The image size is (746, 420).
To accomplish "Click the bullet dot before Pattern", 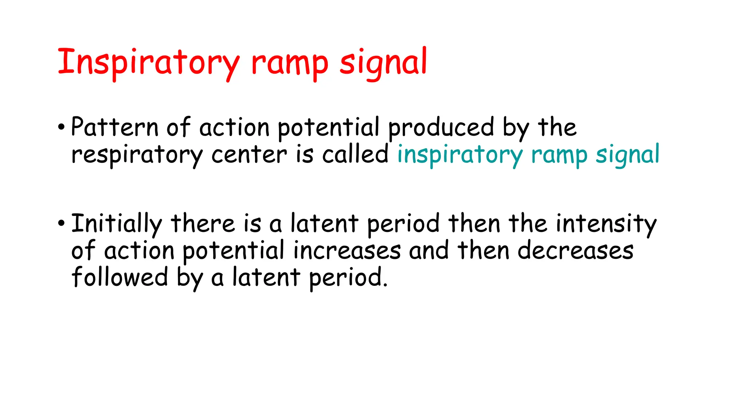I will click(61, 128).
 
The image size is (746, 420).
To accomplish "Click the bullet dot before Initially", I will click(61, 223).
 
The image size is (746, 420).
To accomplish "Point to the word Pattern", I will click(114, 127).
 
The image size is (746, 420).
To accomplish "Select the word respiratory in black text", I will click(137, 155).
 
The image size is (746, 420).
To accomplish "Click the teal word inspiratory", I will click(460, 155).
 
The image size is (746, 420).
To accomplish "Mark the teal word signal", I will click(627, 155).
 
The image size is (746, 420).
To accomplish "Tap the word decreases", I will click(576, 251).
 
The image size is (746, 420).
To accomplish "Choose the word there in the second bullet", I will click(203, 223).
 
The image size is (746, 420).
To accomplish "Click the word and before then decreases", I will click(429, 251).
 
